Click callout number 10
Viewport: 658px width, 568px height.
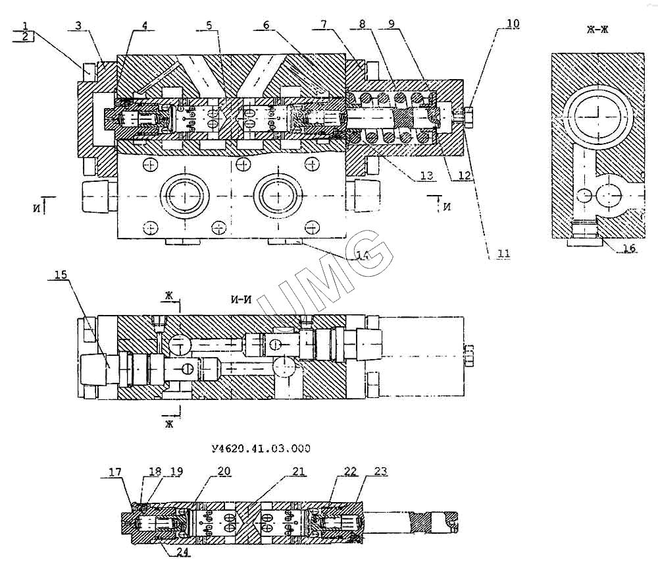coord(513,24)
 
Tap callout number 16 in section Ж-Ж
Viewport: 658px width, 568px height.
coord(629,248)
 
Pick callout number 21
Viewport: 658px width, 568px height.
coord(299,472)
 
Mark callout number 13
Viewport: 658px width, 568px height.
coord(426,175)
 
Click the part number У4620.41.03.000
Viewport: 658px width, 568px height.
coord(261,449)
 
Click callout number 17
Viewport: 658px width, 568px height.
coord(115,472)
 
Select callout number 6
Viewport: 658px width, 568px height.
coord(266,24)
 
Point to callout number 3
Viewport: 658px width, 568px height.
coord(78,26)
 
